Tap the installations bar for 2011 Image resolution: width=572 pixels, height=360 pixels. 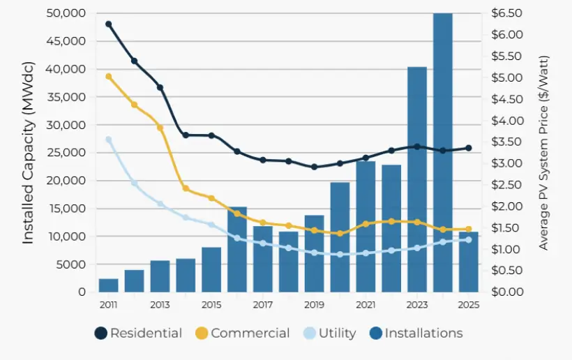pyautogui.click(x=108, y=285)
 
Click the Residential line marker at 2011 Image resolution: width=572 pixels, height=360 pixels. pyautogui.click(x=108, y=24)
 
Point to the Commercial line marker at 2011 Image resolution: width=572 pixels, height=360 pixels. pyautogui.click(x=108, y=76)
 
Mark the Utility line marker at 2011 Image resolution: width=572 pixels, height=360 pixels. pyautogui.click(x=108, y=140)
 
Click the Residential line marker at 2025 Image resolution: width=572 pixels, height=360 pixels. pyautogui.click(x=469, y=148)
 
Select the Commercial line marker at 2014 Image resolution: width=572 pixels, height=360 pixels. pyautogui.click(x=186, y=188)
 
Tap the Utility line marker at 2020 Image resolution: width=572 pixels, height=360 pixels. pyautogui.click(x=340, y=255)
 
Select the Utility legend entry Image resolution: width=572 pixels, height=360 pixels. pyautogui.click(x=330, y=333)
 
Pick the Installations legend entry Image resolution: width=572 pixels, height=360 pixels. pyautogui.click(x=415, y=333)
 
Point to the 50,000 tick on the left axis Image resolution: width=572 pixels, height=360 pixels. pyautogui.click(x=66, y=13)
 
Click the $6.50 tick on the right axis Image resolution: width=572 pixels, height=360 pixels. pyautogui.click(x=506, y=13)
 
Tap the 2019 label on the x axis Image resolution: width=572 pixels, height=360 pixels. pyautogui.click(x=314, y=305)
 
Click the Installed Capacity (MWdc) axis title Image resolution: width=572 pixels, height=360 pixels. pyautogui.click(x=28, y=152)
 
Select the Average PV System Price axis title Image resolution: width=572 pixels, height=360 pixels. pyautogui.click(x=543, y=152)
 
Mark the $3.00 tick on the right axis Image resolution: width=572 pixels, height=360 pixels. pyautogui.click(x=506, y=163)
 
